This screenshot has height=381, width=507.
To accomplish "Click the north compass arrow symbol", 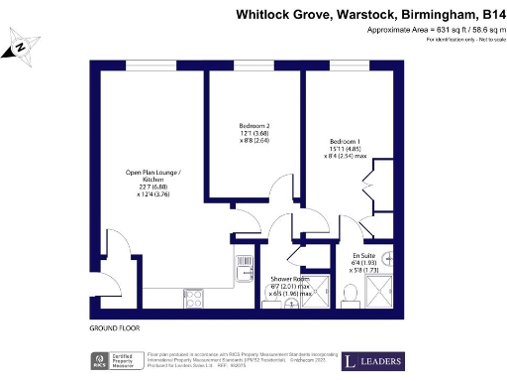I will point(21,47).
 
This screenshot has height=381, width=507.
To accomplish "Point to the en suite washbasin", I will point(390,260).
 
